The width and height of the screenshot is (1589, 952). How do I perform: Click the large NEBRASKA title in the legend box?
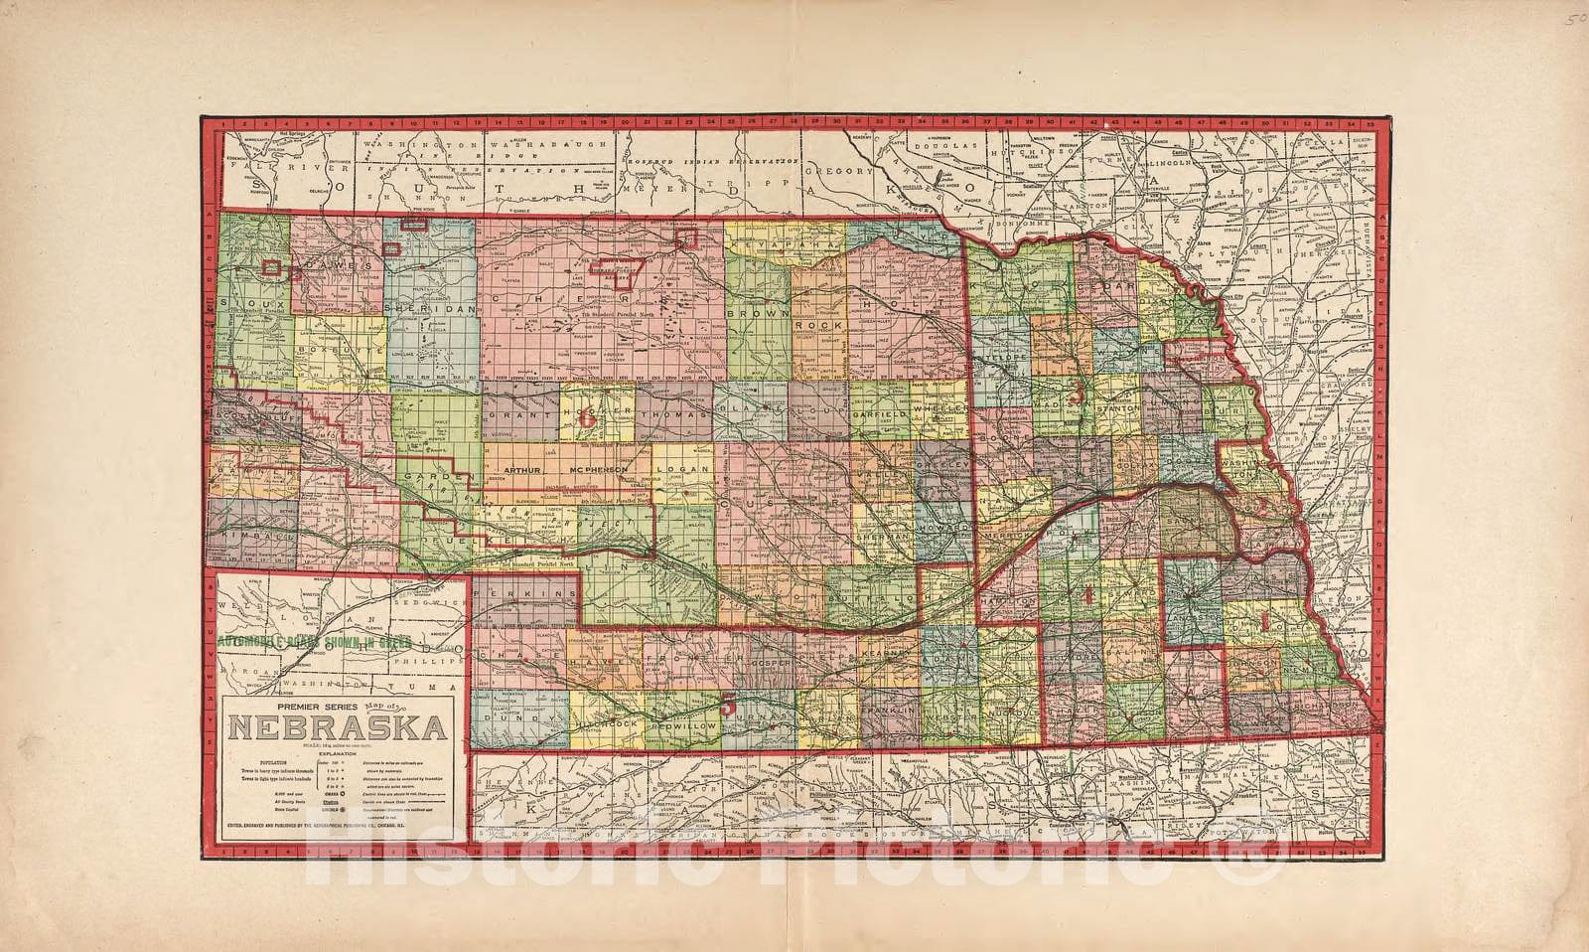point(338,730)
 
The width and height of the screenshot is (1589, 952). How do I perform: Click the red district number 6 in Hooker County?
point(587,418)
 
